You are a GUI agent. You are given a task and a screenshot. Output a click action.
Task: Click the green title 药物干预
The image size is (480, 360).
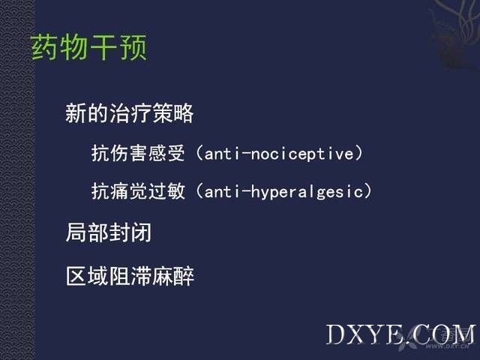(88, 46)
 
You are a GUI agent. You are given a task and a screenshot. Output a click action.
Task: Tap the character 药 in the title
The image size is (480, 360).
(43, 46)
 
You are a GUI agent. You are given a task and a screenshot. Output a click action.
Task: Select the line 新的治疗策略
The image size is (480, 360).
(130, 113)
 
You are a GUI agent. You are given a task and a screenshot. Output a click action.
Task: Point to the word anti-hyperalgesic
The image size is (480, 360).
(283, 192)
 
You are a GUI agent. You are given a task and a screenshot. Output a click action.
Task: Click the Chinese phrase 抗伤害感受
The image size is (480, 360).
(138, 153)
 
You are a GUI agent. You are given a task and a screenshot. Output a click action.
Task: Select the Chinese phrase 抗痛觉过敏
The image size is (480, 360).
(138, 191)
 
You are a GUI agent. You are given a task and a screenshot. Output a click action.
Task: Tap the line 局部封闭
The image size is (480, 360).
(109, 232)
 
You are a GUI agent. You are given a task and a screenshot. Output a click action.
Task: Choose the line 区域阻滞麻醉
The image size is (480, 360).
(130, 276)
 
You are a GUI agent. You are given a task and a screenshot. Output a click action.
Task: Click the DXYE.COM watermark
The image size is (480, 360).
(400, 334)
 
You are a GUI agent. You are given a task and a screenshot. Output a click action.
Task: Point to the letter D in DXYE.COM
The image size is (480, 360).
(336, 334)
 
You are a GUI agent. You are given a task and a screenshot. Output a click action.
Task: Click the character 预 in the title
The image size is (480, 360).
(134, 46)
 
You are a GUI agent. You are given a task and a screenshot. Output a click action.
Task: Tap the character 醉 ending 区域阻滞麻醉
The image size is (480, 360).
(184, 276)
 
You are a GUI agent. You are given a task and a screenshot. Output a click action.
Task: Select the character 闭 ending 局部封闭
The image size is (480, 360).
(141, 232)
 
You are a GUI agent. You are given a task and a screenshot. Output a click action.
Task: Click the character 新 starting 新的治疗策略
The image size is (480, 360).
(76, 113)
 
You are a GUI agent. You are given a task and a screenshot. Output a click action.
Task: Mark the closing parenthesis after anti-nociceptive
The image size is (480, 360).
(358, 153)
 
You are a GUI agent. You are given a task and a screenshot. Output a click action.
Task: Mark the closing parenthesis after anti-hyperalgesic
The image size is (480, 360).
(367, 192)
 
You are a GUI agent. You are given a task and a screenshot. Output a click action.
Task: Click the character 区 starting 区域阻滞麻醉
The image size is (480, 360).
(76, 276)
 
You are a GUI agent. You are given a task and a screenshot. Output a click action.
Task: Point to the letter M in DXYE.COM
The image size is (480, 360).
(463, 334)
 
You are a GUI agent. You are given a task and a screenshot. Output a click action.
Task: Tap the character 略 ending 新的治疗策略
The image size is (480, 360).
(183, 113)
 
